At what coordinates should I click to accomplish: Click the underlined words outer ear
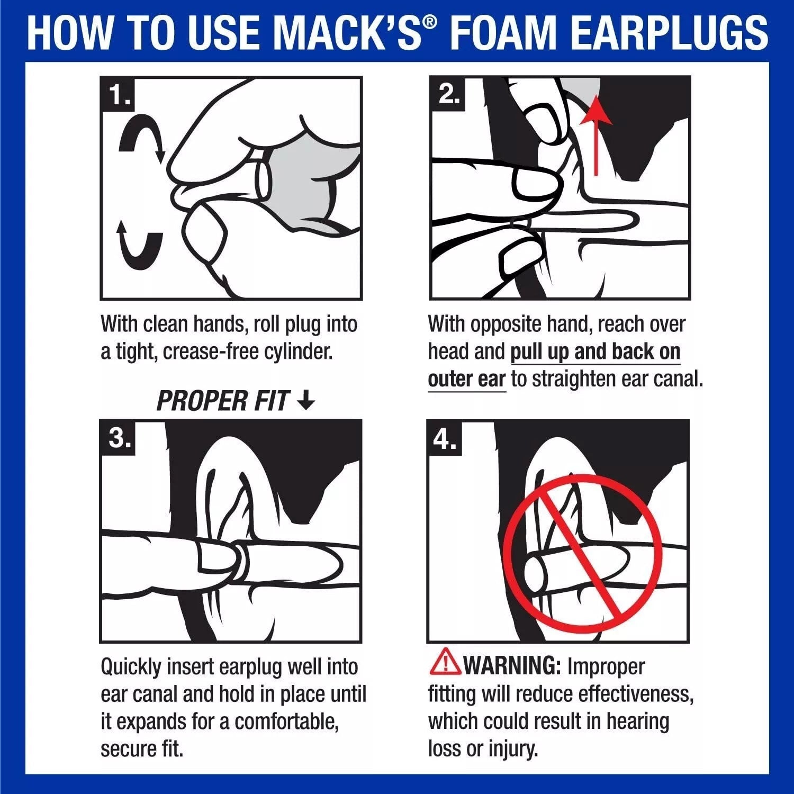tap(466, 380)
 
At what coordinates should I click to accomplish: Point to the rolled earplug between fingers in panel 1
tap(263, 181)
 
